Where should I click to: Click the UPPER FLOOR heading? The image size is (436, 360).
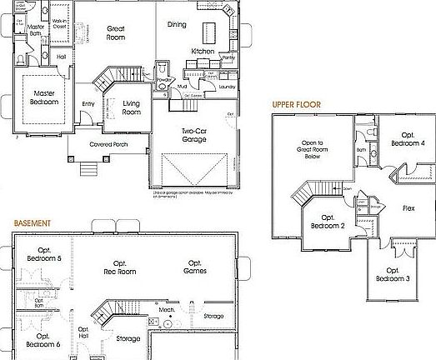(298, 105)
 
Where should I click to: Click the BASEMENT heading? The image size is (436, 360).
(32, 223)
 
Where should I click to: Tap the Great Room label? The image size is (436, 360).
(117, 32)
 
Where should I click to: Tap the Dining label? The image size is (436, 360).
(178, 25)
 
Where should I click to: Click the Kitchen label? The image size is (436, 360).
(203, 51)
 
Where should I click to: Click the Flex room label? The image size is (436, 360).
(408, 207)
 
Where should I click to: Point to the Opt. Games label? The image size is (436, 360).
(195, 267)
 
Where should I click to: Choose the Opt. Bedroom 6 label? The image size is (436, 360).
(43, 339)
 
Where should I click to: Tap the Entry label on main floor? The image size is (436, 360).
(88, 103)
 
